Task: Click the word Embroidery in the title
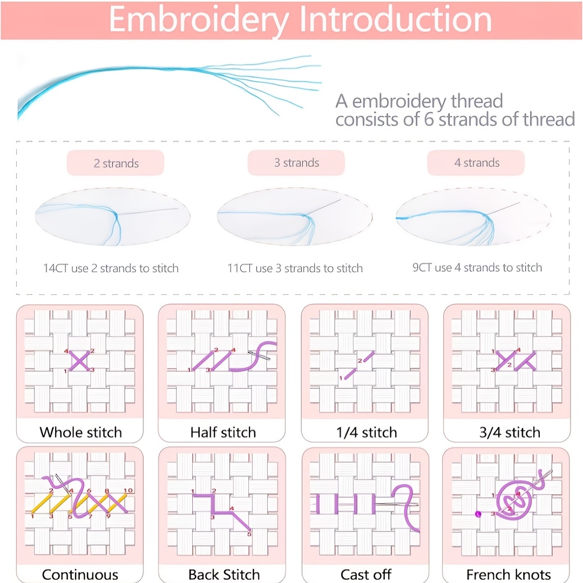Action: [199, 20]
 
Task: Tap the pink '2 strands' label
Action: [116, 163]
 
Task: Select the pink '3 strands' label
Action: [296, 162]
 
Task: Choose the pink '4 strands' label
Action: [476, 162]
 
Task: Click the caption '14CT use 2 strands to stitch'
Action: [111, 268]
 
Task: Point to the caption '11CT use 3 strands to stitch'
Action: [295, 268]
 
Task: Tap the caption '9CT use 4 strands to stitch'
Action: [477, 267]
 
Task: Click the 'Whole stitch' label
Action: [80, 432]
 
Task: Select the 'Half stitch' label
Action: [223, 432]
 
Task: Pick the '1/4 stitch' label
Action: [367, 432]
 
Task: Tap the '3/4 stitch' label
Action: [510, 432]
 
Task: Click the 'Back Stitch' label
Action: [224, 574]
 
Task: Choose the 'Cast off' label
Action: [366, 574]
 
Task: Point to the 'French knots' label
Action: [509, 574]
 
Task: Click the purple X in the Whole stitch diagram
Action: [79, 361]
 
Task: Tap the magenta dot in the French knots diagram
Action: [478, 514]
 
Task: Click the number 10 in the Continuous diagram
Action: [128, 490]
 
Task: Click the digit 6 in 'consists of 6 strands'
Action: [429, 119]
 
